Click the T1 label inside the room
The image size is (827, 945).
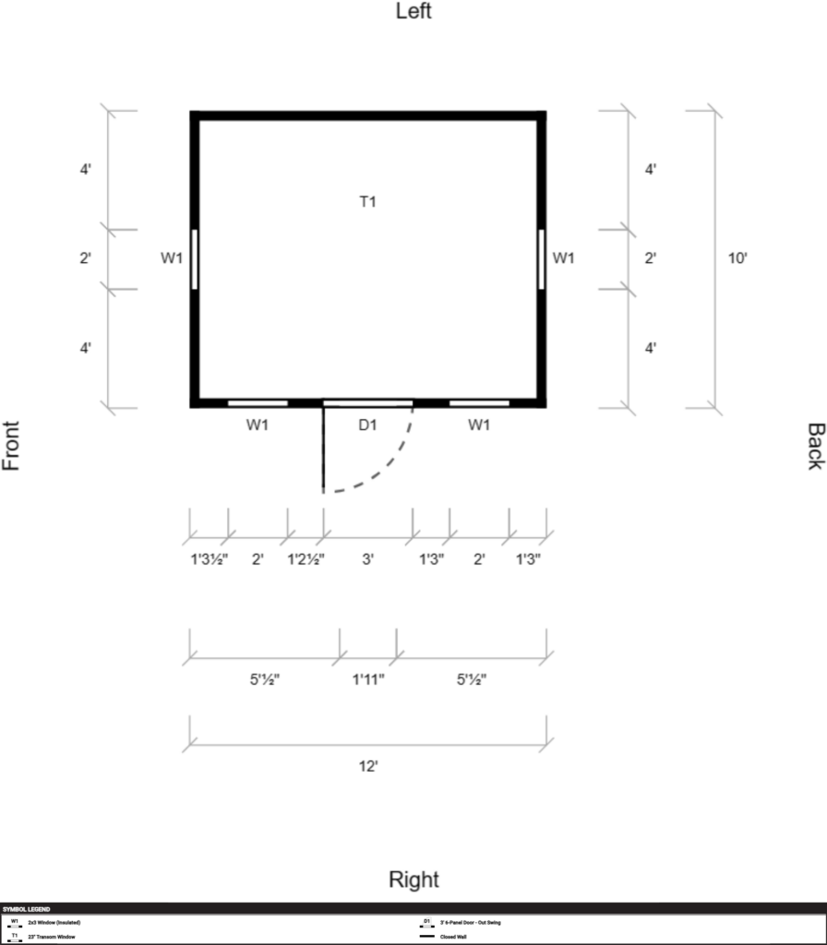(367, 201)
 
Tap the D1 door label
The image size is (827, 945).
(367, 425)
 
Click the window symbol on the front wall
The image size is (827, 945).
(195, 259)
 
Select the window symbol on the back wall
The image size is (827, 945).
(541, 259)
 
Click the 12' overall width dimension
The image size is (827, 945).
(368, 767)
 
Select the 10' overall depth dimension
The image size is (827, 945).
(737, 259)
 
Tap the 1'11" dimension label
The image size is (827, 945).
(368, 680)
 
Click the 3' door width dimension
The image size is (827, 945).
(367, 559)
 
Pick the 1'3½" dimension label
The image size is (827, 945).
(209, 559)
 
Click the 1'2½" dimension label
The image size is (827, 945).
(306, 559)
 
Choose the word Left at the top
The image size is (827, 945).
(413, 12)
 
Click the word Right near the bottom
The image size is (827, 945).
(413, 879)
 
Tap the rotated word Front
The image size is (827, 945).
(12, 446)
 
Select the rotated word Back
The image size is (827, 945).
(815, 446)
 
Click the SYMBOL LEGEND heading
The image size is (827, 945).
(27, 909)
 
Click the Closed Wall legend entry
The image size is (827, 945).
(454, 937)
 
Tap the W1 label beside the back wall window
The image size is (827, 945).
(563, 259)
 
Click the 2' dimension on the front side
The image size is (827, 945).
(85, 259)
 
